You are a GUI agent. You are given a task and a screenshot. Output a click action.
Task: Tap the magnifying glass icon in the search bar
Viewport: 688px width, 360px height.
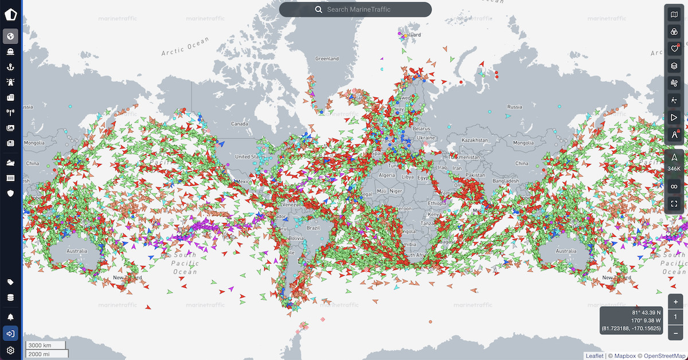tap(319, 10)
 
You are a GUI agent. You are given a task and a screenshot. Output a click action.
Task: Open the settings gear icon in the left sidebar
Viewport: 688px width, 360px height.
tap(10, 350)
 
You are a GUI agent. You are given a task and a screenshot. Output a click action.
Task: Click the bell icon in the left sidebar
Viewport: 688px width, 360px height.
tap(10, 317)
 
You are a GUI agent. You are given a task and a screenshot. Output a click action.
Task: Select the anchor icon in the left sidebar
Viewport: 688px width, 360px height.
tap(10, 67)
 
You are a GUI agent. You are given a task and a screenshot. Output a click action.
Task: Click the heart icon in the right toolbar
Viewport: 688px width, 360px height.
tap(674, 49)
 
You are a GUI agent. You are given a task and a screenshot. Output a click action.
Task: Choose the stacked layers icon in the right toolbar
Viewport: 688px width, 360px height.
tap(674, 66)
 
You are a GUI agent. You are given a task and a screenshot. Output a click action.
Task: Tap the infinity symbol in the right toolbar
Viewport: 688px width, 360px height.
tap(674, 186)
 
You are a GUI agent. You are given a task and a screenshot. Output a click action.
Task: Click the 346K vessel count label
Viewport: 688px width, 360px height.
tap(674, 169)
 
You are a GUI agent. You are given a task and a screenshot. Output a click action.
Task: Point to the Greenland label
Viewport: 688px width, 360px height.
tap(327, 58)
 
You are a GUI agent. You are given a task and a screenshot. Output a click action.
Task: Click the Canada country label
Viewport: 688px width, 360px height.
tap(239, 124)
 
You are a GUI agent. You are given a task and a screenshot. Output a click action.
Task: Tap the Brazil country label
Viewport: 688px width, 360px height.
tap(312, 228)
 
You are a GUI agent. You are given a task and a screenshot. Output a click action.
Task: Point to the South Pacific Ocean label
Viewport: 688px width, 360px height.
tap(185, 264)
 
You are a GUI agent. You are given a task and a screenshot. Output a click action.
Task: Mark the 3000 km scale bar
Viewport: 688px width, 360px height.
tap(45, 345)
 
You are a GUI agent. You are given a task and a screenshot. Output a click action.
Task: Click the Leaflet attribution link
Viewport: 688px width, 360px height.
tap(595, 355)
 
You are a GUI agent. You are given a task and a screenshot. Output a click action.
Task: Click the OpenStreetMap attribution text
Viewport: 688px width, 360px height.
tap(664, 355)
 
